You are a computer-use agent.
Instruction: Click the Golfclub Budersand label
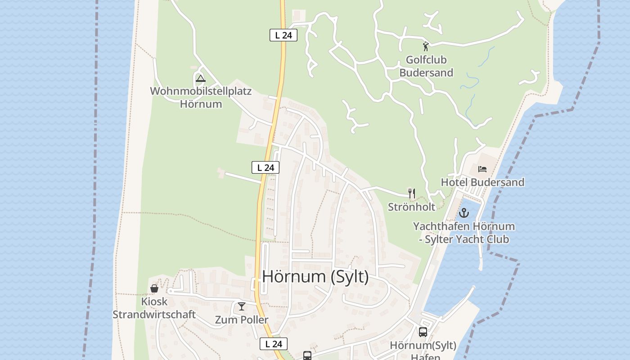pos(426,66)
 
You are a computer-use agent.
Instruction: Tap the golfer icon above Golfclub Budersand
pos(426,46)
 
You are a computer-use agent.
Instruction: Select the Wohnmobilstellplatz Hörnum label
pos(201,97)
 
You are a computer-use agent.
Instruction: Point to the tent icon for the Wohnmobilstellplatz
pos(201,79)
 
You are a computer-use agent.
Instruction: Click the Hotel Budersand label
pos(482,182)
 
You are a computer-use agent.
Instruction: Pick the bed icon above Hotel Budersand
pos(482,169)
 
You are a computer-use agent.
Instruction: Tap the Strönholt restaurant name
pos(412,207)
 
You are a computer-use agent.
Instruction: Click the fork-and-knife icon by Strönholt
pos(411,193)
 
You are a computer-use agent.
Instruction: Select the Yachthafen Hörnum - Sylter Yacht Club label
pos(464,233)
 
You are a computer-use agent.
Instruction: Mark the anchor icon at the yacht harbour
pos(463,213)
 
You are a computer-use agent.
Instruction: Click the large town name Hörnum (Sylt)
pos(315,276)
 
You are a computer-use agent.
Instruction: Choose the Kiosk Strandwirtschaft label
pos(154,308)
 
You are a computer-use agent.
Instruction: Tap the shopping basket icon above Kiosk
pos(154,288)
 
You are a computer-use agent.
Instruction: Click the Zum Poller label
pos(242,320)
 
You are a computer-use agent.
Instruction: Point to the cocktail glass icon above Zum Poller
pos(242,306)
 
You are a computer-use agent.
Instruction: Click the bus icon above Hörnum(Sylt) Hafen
pos(423,332)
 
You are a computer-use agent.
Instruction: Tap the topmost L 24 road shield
pos(283,35)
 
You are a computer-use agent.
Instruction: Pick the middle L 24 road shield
pos(265,168)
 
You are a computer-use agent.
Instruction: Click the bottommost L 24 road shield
pos(274,344)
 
